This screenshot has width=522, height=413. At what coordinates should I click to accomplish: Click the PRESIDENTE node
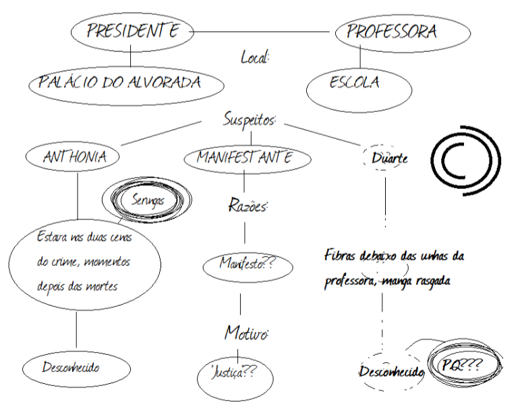[x=131, y=31]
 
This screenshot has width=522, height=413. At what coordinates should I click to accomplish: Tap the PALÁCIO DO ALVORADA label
[x=127, y=84]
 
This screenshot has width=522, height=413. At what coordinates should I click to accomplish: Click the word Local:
[x=255, y=57]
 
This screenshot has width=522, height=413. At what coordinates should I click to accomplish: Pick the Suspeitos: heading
[x=250, y=120]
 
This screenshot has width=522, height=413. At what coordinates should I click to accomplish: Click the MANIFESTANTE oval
[x=248, y=158]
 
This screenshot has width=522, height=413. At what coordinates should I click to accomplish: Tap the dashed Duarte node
[x=389, y=159]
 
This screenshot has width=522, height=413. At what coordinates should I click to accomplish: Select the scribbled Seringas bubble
[x=147, y=200]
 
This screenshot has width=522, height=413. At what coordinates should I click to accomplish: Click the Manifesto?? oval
[x=248, y=266]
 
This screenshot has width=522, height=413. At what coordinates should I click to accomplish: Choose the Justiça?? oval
[x=233, y=373]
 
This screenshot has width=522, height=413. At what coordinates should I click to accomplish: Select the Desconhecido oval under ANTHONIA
[x=75, y=368]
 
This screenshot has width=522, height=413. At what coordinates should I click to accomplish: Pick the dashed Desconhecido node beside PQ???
[x=390, y=372]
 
